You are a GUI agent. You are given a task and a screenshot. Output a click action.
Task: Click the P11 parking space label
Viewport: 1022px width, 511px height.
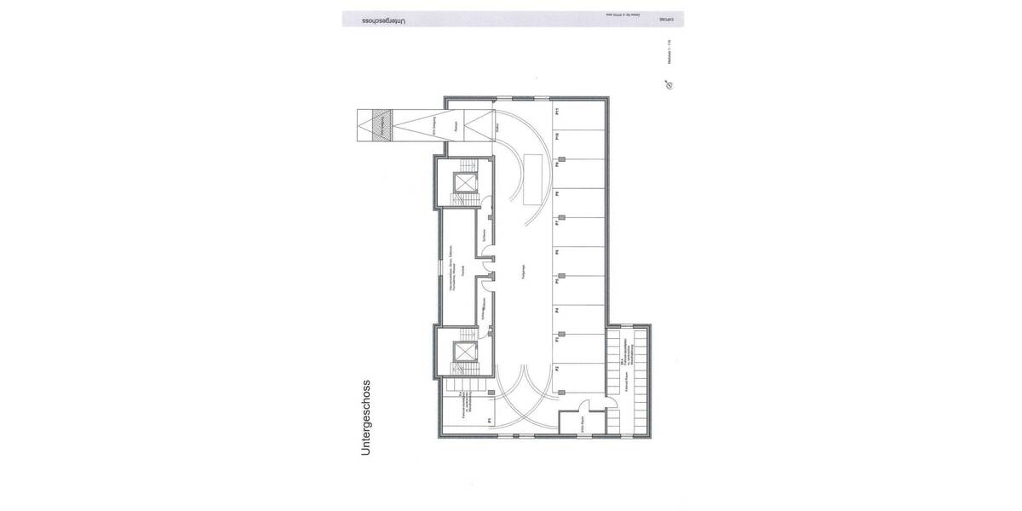coord(555,111)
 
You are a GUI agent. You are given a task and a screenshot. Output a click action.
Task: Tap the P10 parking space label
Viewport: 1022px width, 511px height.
coord(555,136)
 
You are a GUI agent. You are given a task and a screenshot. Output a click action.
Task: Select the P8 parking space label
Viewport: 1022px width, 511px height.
coord(555,194)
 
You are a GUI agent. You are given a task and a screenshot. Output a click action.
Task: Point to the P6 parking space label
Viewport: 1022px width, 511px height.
coord(555,252)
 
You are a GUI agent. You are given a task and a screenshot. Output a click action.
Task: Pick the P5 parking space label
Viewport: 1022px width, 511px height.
coord(555,281)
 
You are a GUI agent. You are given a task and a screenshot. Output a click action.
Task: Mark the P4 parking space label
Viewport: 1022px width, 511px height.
coord(555,311)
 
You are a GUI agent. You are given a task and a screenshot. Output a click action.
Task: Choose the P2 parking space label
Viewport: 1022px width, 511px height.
coord(555,369)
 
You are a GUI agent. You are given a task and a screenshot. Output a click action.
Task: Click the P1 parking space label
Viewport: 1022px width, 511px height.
coord(489,420)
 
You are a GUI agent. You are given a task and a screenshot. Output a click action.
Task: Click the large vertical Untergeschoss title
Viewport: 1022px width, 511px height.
coord(366,417)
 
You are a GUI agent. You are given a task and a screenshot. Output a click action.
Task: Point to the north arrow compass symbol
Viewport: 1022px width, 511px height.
coord(669,84)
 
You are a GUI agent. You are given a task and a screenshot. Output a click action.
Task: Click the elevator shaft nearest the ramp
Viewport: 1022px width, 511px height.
coord(466,182)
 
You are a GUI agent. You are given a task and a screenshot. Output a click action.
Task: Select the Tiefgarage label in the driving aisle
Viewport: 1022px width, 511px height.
coord(520,272)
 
